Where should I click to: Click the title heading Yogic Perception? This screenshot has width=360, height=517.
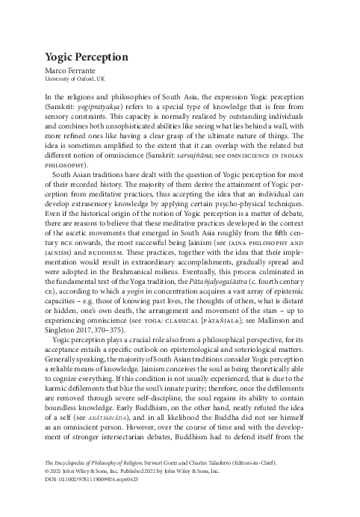tap(87, 58)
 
